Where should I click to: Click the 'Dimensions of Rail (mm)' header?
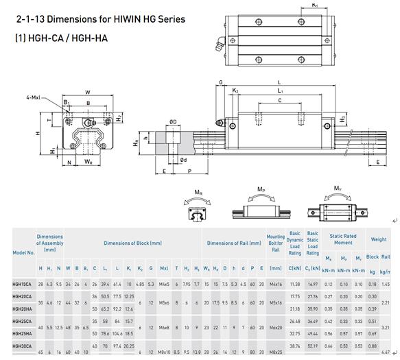(x=234, y=243)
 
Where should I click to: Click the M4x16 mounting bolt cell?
(x=275, y=283)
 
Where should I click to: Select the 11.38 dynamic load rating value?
(x=295, y=283)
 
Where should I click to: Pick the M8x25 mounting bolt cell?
(x=275, y=353)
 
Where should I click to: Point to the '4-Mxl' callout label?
(x=36, y=97)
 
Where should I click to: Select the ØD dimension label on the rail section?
(x=173, y=122)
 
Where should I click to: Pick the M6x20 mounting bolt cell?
(x=275, y=327)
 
